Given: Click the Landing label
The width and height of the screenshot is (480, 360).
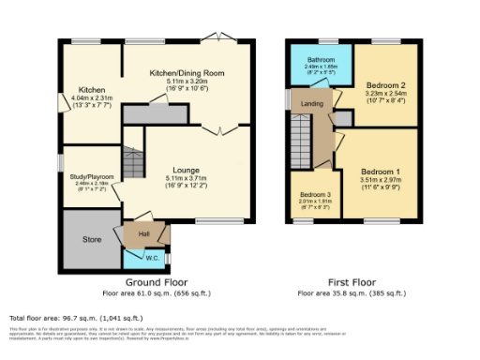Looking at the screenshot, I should point(311,104).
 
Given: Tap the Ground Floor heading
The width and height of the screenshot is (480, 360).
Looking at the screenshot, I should point(157,281).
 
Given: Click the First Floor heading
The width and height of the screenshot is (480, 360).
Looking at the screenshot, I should point(352,281).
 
